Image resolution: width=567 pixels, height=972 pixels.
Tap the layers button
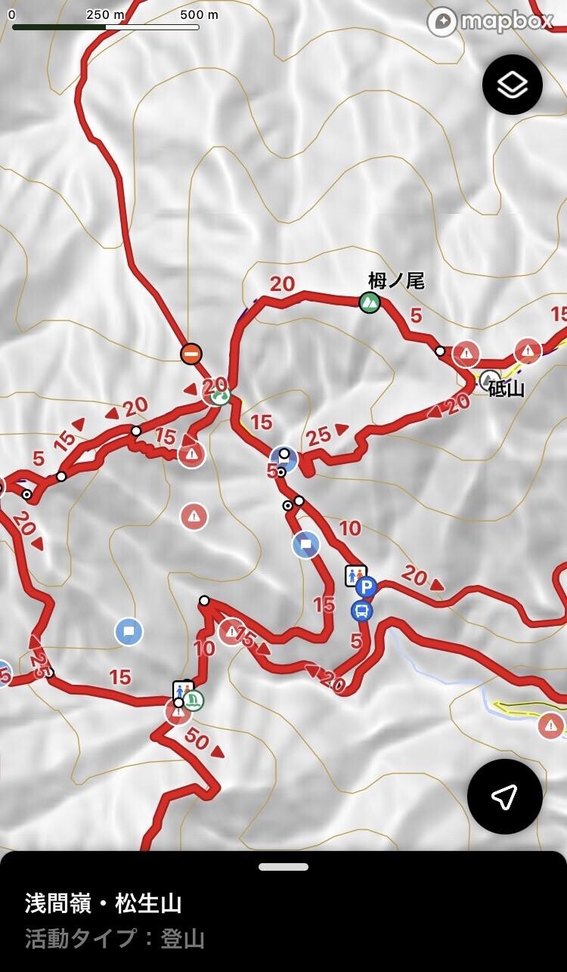tap(513, 85)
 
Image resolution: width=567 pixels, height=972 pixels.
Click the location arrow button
tap(504, 795)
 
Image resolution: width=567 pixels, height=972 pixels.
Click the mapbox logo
tap(490, 21)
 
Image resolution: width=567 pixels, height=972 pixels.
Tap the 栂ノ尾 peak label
tap(396, 281)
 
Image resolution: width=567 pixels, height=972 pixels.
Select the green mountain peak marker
tap(370, 303)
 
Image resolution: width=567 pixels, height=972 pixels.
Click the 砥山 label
tap(507, 389)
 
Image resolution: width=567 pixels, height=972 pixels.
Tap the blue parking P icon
tap(367, 587)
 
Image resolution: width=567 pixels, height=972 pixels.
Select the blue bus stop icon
tap(362, 611)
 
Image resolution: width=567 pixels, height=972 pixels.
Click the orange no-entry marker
tap(191, 354)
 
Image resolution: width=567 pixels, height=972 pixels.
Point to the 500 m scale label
tap(200, 14)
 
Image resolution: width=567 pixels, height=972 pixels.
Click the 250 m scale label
tap(106, 14)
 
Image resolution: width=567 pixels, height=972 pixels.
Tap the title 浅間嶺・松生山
tap(103, 903)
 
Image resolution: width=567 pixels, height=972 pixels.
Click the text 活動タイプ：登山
tap(115, 939)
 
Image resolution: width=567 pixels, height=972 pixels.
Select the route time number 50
tap(197, 740)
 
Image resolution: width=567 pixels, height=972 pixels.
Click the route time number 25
tap(319, 435)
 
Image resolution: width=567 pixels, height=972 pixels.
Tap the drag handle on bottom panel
tap(283, 867)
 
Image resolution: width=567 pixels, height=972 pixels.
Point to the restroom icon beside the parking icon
tap(354, 575)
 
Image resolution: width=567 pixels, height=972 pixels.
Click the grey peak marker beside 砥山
tap(489, 379)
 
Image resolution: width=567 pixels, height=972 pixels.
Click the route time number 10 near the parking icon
tap(349, 528)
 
